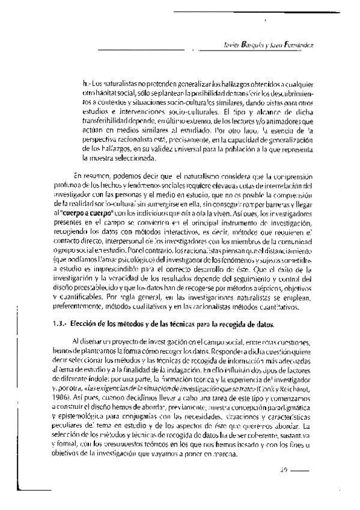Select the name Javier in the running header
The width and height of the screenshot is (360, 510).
(231, 46)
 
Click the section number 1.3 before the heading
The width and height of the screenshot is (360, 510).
(58, 325)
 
